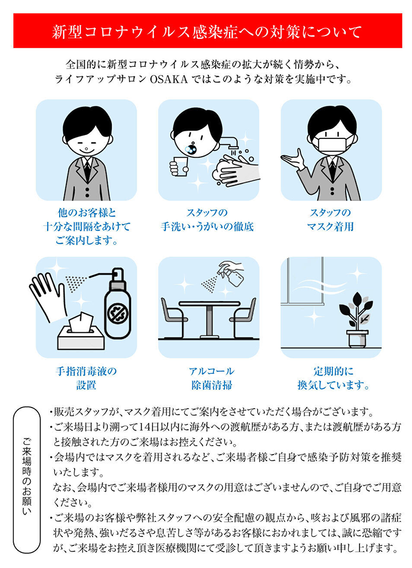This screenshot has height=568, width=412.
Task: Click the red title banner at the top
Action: tap(207, 31)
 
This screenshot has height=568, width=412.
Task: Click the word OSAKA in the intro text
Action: tap(169, 79)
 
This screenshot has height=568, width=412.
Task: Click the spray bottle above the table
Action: tap(232, 272)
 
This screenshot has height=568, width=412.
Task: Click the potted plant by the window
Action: tap(356, 319)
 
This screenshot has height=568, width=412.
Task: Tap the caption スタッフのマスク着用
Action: tap(330, 220)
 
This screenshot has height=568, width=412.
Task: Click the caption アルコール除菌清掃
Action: tap(211, 378)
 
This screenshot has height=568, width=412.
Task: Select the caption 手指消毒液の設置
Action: tap(86, 378)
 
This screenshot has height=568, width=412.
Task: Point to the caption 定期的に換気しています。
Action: tap(333, 378)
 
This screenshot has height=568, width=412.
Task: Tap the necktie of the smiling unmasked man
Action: tap(87, 170)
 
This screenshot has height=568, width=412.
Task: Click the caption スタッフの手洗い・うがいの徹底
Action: tap(207, 220)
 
